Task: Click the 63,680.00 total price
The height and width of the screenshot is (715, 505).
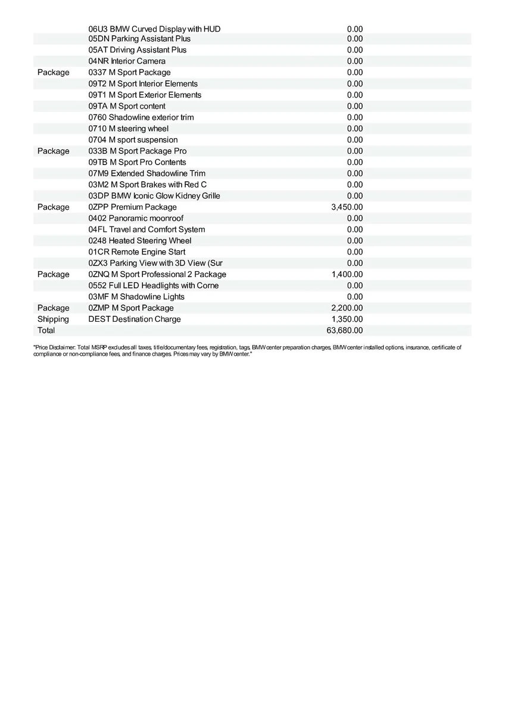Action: tap(347, 330)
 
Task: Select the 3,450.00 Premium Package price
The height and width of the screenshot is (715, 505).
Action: tap(347, 207)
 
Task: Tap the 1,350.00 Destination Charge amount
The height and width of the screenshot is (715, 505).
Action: tap(347, 319)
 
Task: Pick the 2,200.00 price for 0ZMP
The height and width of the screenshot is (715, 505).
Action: tap(347, 308)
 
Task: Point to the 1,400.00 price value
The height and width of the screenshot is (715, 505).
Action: tap(347, 274)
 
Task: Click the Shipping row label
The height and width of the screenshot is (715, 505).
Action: tap(53, 319)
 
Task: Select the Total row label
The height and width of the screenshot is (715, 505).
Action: tap(46, 330)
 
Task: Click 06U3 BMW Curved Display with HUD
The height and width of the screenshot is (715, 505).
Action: tap(154, 28)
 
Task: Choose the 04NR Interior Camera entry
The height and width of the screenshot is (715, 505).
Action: tap(127, 61)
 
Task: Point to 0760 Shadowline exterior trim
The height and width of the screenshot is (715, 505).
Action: tap(141, 117)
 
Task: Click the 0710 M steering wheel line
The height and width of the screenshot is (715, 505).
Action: tap(128, 129)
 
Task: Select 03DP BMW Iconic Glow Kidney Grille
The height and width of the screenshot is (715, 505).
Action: tap(154, 196)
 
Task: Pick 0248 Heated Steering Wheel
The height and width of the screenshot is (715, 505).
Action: tap(140, 241)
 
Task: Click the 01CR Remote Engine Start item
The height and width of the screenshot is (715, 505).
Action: tap(137, 252)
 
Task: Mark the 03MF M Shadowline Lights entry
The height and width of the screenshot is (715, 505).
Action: tap(136, 297)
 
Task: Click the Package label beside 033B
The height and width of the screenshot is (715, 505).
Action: tap(53, 151)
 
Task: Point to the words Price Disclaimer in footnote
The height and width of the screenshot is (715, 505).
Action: tap(54, 347)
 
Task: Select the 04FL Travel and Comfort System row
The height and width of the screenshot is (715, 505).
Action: tap(146, 229)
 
